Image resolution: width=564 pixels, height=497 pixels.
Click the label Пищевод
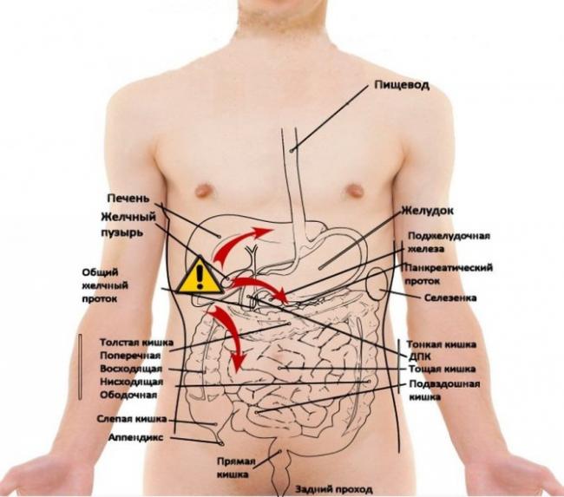pyautogui.click(x=402, y=86)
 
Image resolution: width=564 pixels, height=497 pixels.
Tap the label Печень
pyautogui.click(x=128, y=199)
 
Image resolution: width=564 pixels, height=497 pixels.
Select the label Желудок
pyautogui.click(x=427, y=211)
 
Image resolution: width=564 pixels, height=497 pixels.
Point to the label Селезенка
pyautogui.click(x=450, y=298)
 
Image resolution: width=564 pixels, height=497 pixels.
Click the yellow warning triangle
pyautogui.click(x=200, y=277)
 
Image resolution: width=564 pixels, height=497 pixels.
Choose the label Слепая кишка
pyautogui.click(x=132, y=419)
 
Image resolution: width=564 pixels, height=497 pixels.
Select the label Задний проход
pyautogui.click(x=334, y=489)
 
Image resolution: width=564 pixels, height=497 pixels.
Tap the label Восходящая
pyautogui.click(x=131, y=369)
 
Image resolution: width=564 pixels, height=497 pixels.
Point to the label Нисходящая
pyautogui.click(x=132, y=382)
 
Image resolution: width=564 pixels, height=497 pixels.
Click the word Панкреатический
pyautogui.click(x=449, y=268)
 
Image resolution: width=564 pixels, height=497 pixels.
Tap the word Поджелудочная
pyautogui.click(x=449, y=236)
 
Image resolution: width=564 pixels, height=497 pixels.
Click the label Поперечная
pyautogui.click(x=130, y=356)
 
